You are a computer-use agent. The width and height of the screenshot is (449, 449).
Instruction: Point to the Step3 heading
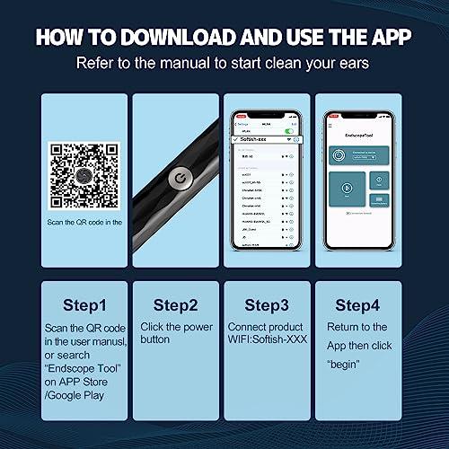click(268, 304)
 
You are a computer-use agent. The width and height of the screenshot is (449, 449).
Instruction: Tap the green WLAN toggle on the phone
click(289, 131)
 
